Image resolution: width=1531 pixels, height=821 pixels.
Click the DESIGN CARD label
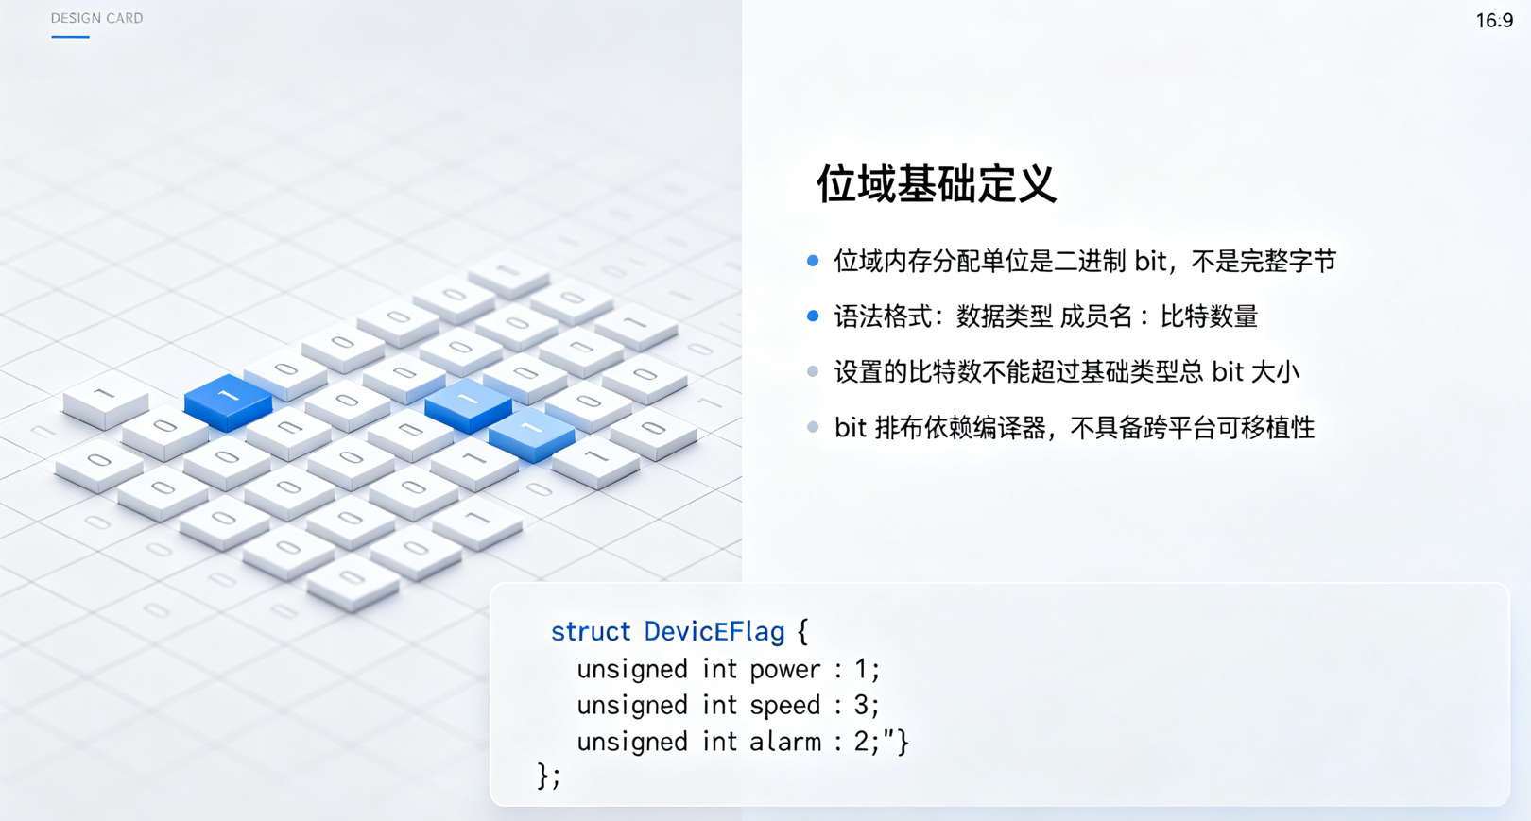click(x=97, y=18)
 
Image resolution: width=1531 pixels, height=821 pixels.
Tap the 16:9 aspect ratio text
click(x=1495, y=21)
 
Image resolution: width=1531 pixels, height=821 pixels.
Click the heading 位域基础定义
click(x=937, y=183)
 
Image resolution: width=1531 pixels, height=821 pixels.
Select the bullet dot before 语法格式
click(x=813, y=316)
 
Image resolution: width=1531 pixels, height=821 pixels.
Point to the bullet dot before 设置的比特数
click(x=813, y=371)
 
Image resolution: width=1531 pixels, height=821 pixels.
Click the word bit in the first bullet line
click(x=1150, y=261)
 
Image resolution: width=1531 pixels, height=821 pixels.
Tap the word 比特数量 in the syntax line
click(x=1209, y=316)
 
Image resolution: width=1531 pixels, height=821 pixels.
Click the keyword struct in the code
click(x=591, y=631)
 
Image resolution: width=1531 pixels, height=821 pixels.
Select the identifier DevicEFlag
click(x=714, y=631)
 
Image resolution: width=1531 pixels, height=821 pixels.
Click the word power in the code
click(x=784, y=670)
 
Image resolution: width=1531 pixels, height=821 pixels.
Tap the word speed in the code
click(x=784, y=706)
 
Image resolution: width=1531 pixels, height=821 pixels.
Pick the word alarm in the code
click(x=785, y=741)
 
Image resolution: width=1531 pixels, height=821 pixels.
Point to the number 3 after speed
click(x=861, y=705)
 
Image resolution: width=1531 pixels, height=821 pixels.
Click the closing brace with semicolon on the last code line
click(x=549, y=776)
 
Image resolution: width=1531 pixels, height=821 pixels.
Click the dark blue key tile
click(x=229, y=402)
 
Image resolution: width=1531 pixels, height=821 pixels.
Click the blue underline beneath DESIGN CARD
click(x=70, y=36)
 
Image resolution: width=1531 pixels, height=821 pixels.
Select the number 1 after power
click(x=861, y=669)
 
